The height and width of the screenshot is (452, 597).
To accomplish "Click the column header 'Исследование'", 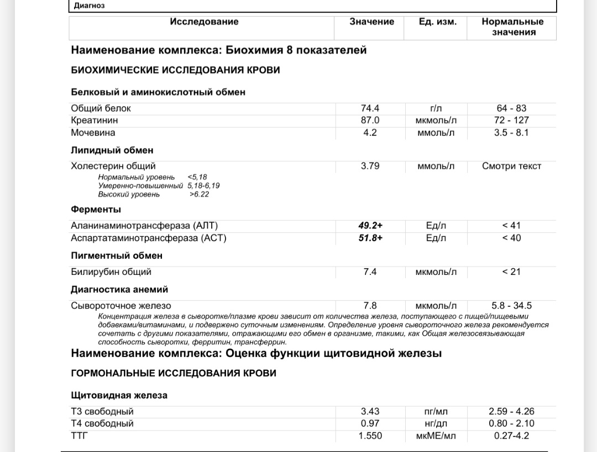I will coord(204,22).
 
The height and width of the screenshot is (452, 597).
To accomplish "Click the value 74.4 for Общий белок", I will coord(370,109).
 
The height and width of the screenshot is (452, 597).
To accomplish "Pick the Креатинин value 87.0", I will coord(370,120).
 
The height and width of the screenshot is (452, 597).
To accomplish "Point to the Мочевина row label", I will coord(93,133).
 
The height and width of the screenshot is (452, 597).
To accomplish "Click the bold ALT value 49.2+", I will coord(370,226).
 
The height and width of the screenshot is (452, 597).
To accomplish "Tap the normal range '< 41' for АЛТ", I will coord(511,226).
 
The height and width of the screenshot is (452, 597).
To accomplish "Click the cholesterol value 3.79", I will coord(370,166).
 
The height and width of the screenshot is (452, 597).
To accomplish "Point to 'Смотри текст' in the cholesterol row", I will coord(511,166).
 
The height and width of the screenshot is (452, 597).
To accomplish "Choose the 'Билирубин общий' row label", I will coord(111,272).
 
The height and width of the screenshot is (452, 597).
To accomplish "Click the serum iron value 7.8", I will coord(370,306).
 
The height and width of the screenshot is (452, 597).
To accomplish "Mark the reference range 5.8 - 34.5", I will coord(511,306).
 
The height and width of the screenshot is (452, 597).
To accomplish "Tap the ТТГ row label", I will coord(79,436).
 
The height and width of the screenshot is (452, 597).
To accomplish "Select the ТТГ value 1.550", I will coord(370,436).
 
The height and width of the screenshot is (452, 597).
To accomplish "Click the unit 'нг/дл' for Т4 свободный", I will coord(436,424).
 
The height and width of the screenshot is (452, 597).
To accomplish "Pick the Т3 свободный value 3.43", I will coord(370,412).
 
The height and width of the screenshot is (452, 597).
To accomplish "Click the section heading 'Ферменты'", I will coord(96,210).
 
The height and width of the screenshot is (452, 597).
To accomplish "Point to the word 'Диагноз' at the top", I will coord(89,6).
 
